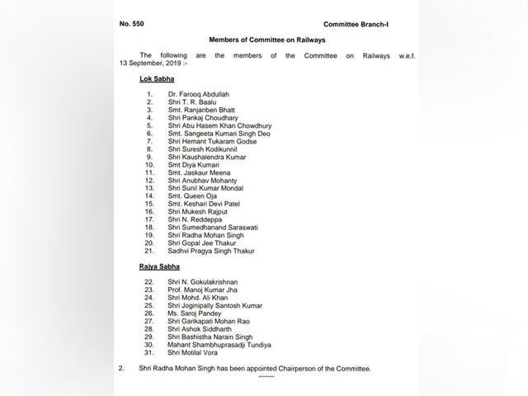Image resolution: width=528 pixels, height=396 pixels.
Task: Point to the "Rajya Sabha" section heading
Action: tap(162, 269)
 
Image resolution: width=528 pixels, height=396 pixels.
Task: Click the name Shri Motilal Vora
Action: tap(196, 355)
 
